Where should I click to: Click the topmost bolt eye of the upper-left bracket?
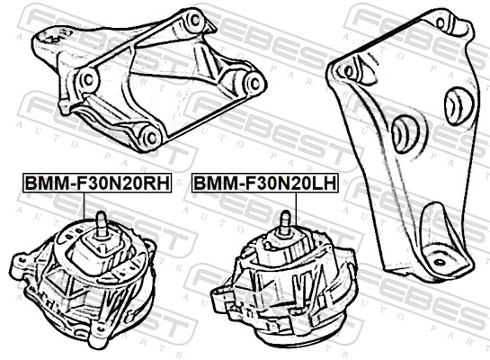click(x=192, y=17)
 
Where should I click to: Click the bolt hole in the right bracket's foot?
click(x=439, y=263)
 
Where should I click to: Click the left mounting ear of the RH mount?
click(x=20, y=264)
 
